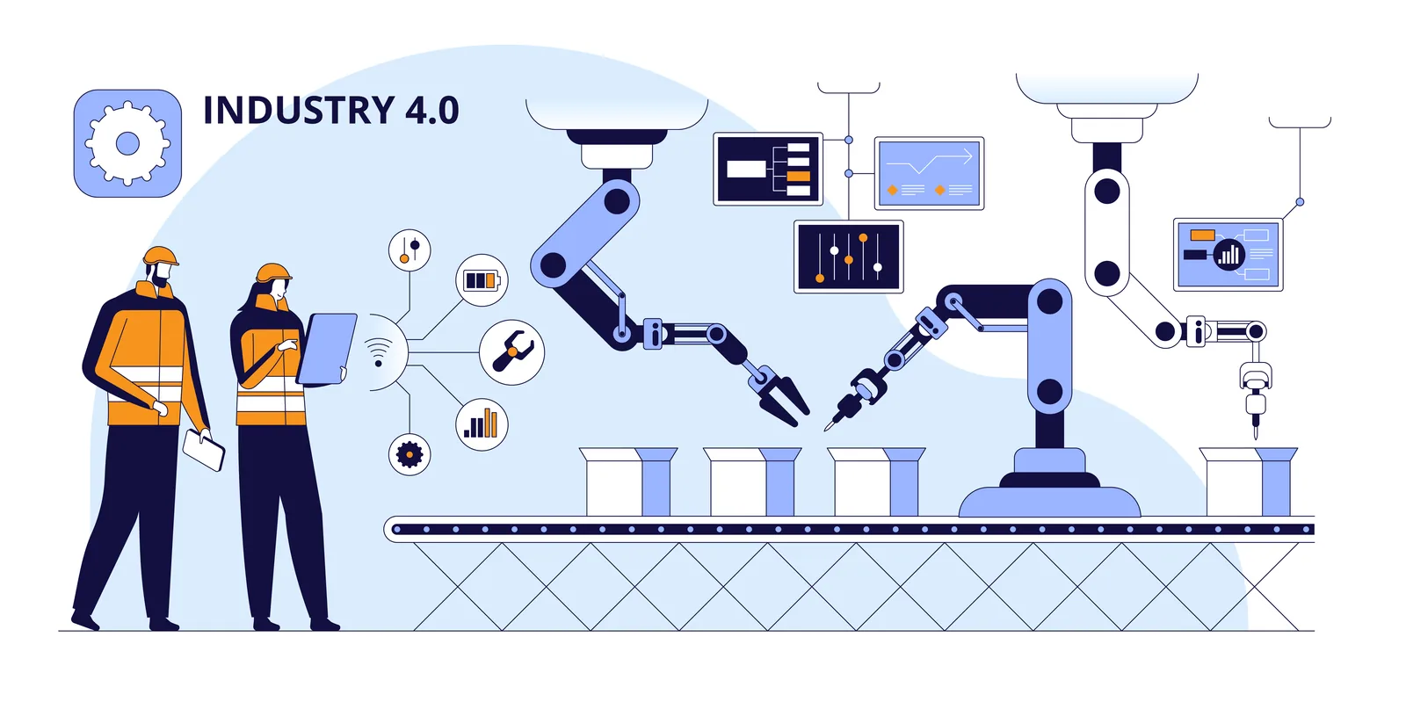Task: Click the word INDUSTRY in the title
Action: [x=299, y=111]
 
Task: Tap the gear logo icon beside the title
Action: [x=127, y=143]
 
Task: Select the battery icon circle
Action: [x=482, y=280]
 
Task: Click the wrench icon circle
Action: [x=511, y=352]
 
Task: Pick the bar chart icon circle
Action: [x=482, y=424]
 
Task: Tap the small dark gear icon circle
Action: [x=409, y=454]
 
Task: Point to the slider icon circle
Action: [x=409, y=250]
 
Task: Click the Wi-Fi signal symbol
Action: [x=379, y=351]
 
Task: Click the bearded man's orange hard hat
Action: [x=161, y=256]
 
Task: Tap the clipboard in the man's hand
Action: [x=203, y=449]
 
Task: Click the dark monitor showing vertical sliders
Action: [x=848, y=256]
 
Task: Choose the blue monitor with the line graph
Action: [x=929, y=173]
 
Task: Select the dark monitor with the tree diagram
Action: [x=768, y=169]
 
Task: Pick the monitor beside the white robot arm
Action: [x=1228, y=255]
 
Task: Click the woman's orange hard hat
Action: [x=273, y=271]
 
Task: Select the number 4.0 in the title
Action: [x=431, y=111]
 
